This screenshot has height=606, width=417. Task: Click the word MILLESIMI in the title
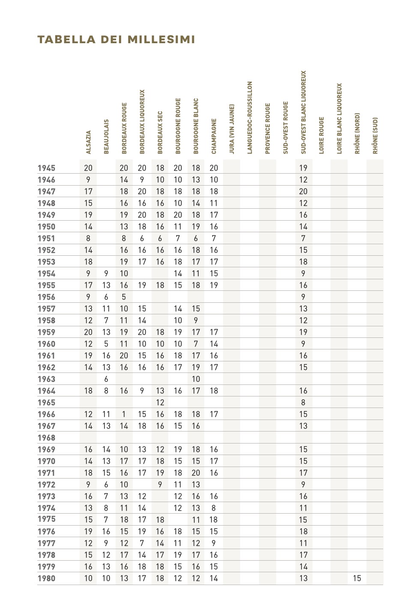(x=161, y=40)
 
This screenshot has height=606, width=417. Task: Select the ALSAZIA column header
(x=89, y=142)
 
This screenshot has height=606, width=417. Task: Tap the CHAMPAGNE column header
(x=214, y=136)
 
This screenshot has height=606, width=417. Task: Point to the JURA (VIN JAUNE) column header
(x=232, y=129)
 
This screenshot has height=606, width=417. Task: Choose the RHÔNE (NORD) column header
(x=357, y=133)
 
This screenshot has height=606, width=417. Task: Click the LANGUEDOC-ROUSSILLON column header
(x=250, y=118)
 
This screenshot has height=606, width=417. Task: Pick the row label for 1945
(x=46, y=168)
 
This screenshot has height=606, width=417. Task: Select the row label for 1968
(x=46, y=438)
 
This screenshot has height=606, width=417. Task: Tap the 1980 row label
(x=46, y=578)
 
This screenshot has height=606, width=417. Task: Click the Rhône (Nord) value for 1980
(x=357, y=578)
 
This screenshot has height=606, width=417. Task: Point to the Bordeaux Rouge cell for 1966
(x=124, y=414)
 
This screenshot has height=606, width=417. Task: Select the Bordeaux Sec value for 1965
(x=160, y=402)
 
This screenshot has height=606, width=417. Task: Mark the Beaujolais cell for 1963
(x=106, y=379)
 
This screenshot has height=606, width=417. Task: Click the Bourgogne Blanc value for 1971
(x=196, y=473)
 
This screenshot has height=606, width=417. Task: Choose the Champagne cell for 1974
(x=214, y=508)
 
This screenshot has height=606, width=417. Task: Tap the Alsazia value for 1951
(x=88, y=238)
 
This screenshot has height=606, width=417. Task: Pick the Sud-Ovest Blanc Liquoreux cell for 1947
(x=303, y=192)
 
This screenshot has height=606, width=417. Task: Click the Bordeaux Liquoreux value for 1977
(x=142, y=543)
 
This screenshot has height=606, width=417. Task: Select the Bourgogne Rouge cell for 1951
(x=178, y=238)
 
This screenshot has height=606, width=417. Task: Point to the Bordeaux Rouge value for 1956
(x=124, y=297)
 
